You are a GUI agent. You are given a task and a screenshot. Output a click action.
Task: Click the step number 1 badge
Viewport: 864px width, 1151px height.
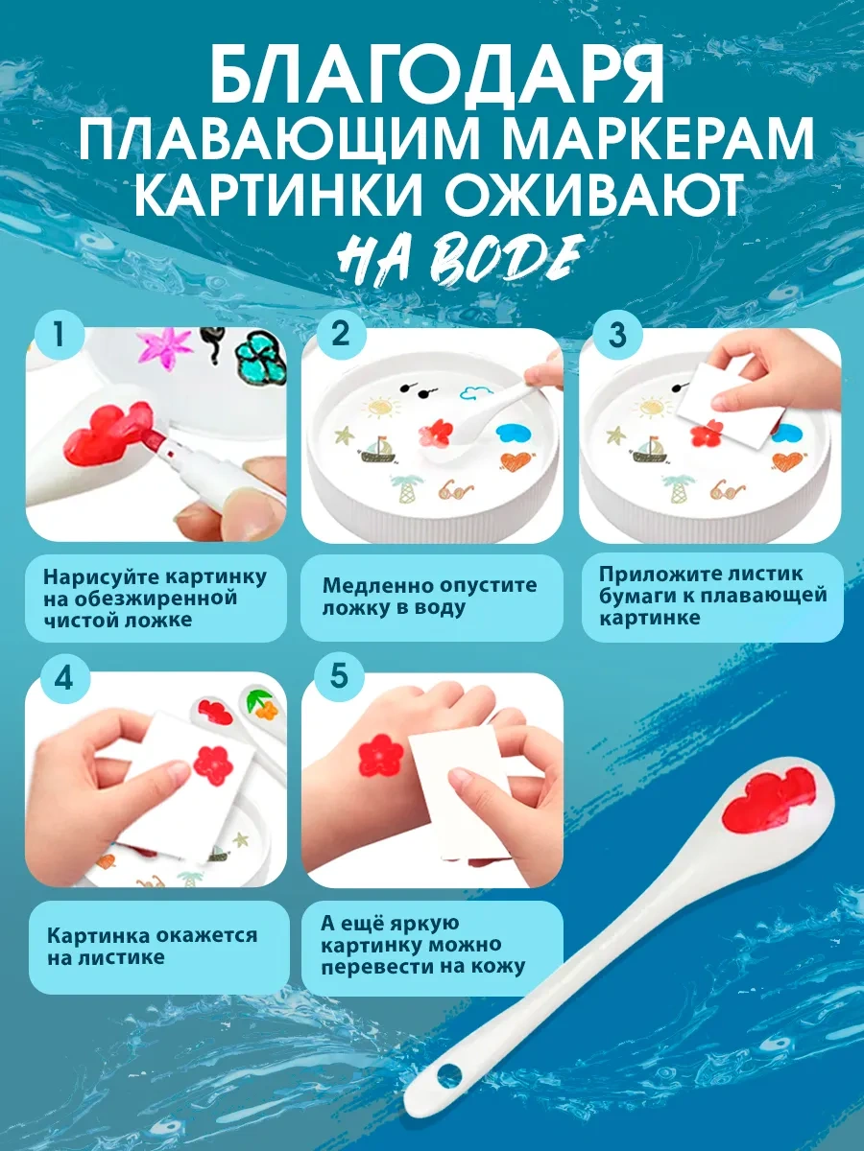(x=60, y=335)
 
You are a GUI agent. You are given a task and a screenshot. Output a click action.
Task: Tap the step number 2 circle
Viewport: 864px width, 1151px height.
(x=341, y=334)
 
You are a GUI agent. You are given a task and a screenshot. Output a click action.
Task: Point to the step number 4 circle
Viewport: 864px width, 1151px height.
(x=63, y=680)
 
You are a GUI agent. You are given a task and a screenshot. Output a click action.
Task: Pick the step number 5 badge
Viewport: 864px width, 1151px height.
(x=340, y=675)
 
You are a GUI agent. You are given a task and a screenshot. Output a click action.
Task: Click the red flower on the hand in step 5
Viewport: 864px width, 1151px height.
(x=381, y=756)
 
